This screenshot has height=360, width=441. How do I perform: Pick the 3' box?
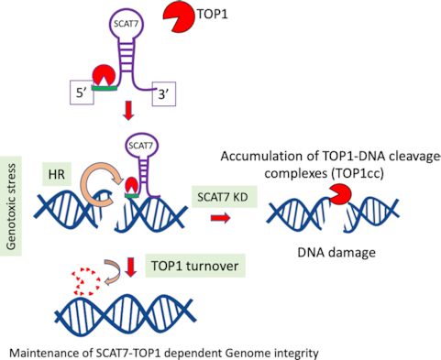[164, 95]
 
